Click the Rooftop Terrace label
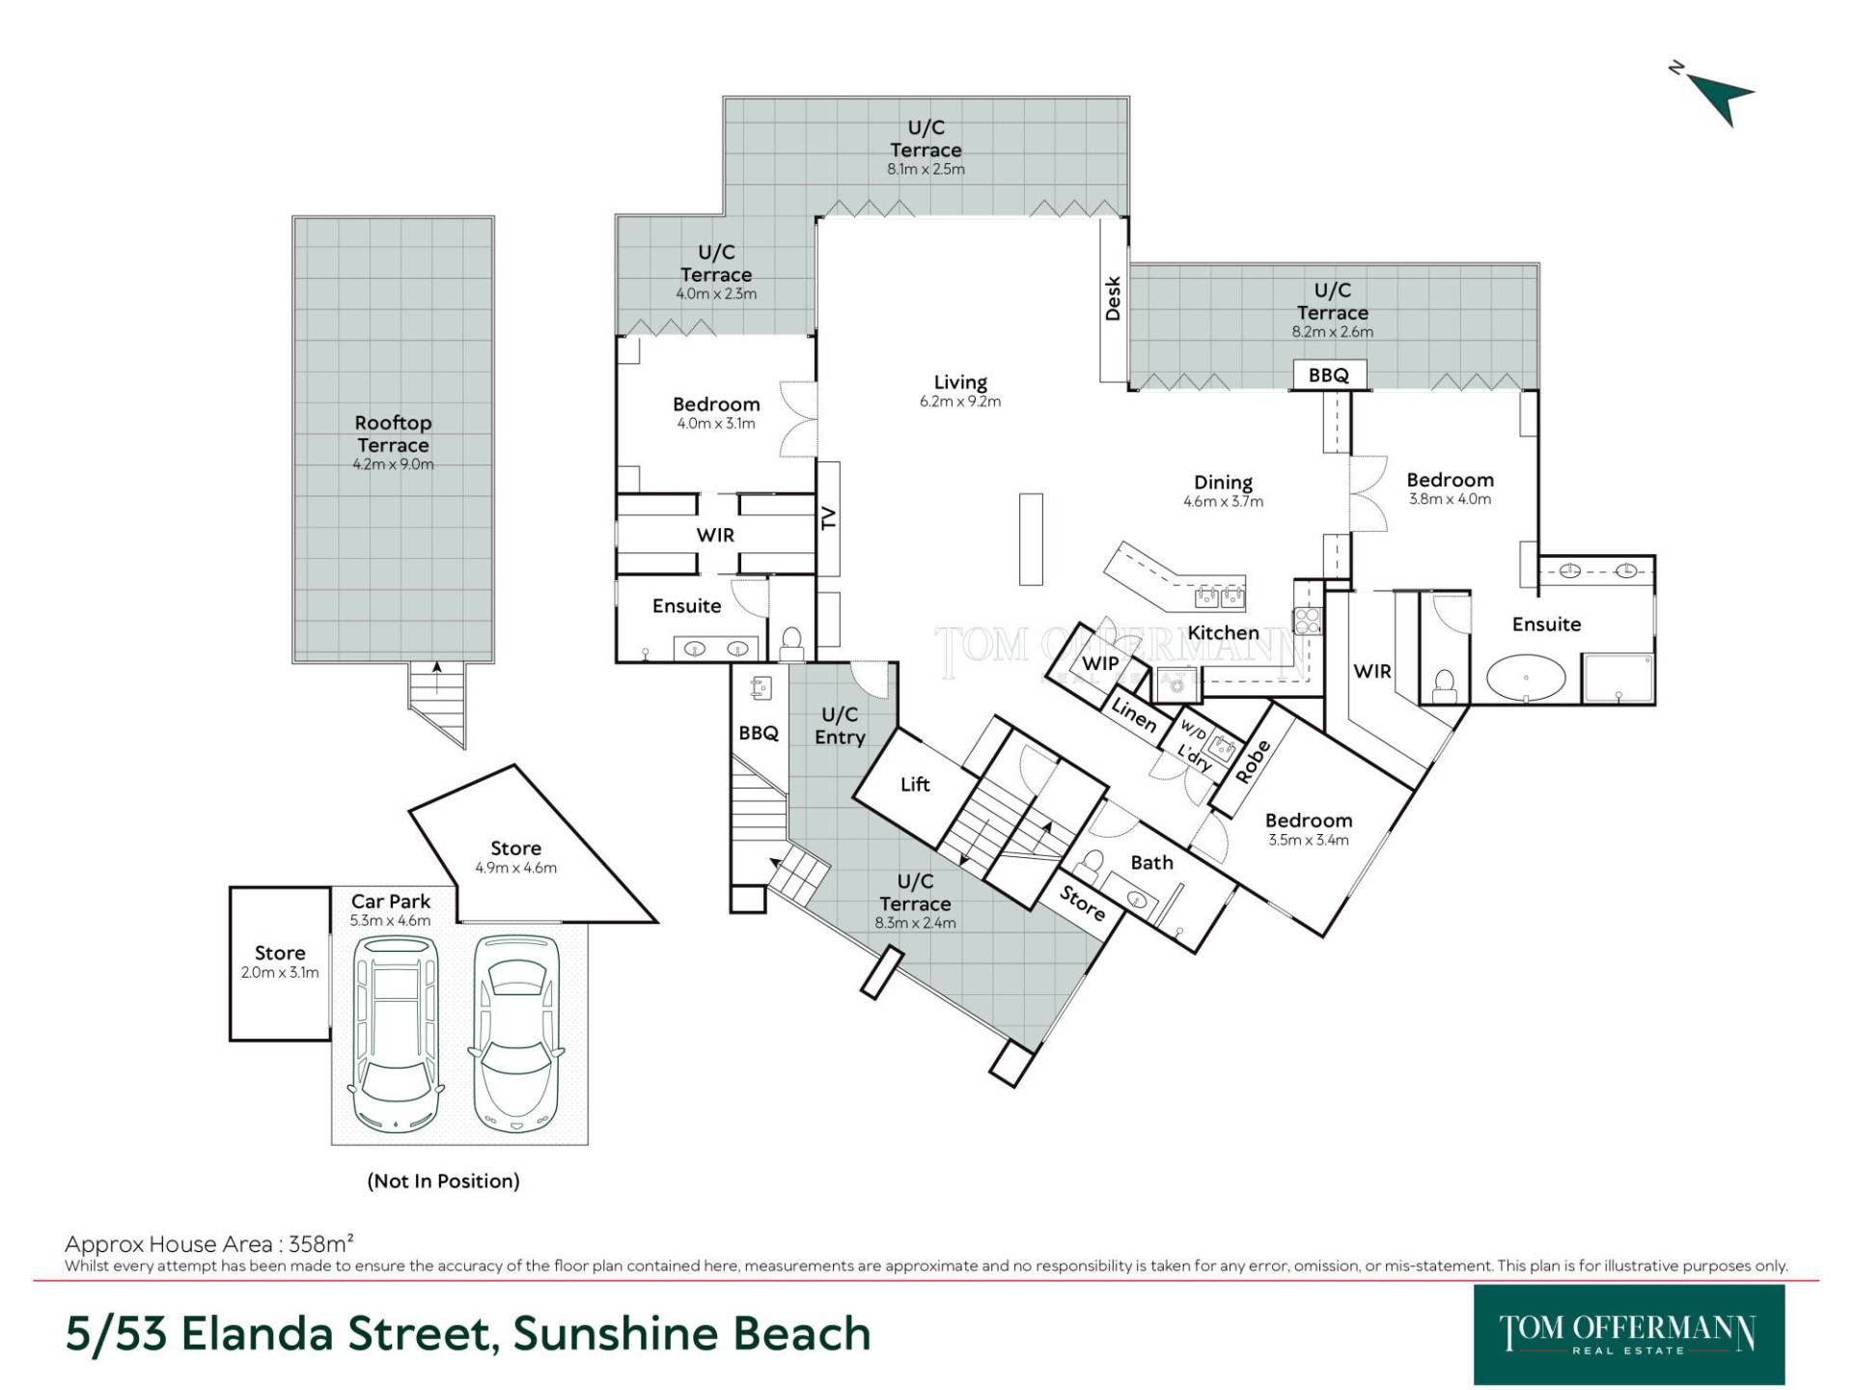[x=393, y=433]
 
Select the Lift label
[x=915, y=784]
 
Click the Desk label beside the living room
[x=1113, y=298]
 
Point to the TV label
[x=828, y=519]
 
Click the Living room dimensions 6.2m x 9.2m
[x=960, y=402]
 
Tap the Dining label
[x=1223, y=482]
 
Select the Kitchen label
[x=1223, y=632]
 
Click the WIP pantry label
[x=1100, y=662]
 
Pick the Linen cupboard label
[x=1134, y=714]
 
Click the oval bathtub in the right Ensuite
[x=1526, y=678]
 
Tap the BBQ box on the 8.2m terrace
[x=1329, y=375]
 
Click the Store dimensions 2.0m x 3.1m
[x=280, y=972]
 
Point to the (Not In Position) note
[x=443, y=1181]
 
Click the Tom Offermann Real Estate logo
[x=1629, y=1334]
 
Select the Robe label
[x=1253, y=761]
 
